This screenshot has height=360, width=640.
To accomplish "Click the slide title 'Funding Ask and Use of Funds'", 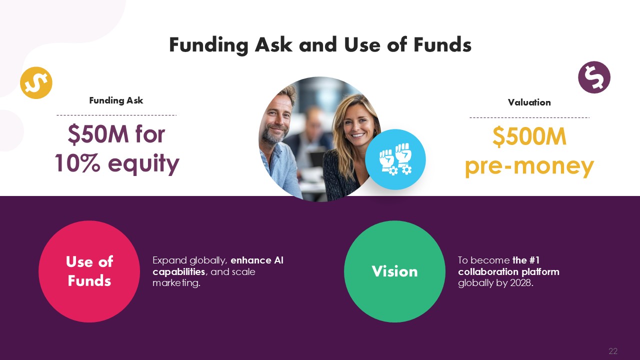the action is pos(320,45).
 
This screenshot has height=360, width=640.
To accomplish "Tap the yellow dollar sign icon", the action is pos(36,83).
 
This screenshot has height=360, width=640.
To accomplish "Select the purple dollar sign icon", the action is pos(594,77).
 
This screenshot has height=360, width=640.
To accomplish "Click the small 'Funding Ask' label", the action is pos(116,100).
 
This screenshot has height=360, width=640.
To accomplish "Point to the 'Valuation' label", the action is pos(529,102).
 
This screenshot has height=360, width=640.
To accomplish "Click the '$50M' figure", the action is pos(98,134).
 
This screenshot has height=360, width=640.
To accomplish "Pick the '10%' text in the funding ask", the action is pos(77,163).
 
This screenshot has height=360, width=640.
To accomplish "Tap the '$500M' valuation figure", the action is pos(529,136).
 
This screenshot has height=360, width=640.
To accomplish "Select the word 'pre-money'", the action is pos(529,166).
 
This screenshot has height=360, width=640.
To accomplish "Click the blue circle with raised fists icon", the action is pos(395,159).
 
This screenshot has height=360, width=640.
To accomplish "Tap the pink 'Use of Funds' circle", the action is pos(89,271).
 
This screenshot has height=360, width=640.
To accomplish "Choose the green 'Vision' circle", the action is pos(394,271).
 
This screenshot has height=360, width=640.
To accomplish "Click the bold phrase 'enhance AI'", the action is pos(257,260).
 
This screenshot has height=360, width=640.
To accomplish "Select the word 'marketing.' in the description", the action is pos(176,283).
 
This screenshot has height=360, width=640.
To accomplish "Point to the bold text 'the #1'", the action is pos(525,260).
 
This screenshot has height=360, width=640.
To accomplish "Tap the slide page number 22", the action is pos(613,351).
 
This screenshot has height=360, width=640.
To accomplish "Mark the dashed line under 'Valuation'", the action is pos(529,117).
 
